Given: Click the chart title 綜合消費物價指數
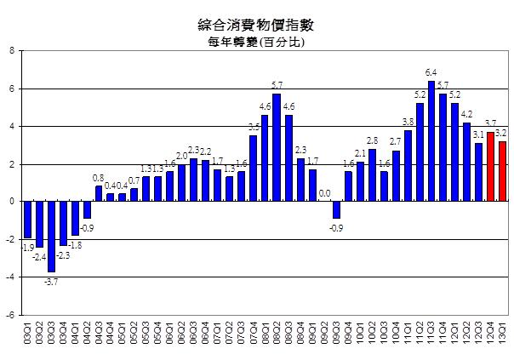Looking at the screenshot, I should point(256,23).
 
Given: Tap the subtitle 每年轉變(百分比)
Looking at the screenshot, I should point(256,41).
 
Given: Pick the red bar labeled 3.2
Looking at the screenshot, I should point(502,171).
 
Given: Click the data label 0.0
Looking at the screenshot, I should point(324,194).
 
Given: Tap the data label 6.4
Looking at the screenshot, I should point(431,74).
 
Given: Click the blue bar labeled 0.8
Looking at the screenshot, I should point(99,194).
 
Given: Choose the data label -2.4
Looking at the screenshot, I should point(39,254).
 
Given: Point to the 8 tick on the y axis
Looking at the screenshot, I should point(12,51).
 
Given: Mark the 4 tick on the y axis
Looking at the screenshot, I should point(12,126).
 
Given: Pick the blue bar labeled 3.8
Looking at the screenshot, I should point(408,166).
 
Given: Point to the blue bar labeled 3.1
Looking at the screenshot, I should point(478,173).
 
